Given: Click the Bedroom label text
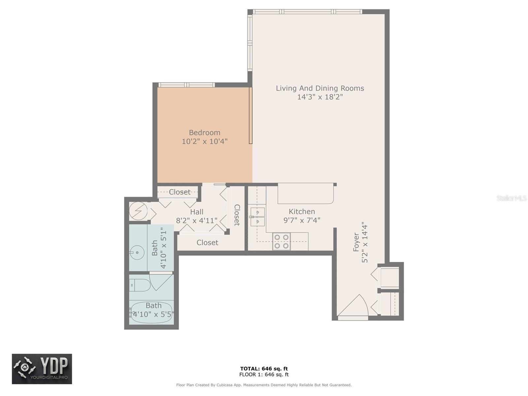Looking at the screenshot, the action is tap(205, 132).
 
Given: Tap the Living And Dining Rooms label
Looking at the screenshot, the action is tap(320, 88).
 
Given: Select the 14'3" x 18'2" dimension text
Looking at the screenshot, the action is tap(320, 97).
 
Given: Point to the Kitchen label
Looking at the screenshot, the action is tap(302, 211).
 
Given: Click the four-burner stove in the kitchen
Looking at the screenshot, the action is tap(281, 242).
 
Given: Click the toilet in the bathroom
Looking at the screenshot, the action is tap(140, 285).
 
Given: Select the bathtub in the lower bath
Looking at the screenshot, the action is tap(151, 313).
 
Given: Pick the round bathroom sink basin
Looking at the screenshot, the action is tap(137, 252).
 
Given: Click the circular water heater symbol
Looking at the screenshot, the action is tap(138, 211).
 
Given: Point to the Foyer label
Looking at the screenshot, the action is tap(356, 242).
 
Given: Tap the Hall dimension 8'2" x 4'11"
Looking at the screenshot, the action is tap(197, 220).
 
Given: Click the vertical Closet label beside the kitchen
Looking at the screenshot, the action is tap(237, 215).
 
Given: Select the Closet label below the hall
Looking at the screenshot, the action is tap(207, 242).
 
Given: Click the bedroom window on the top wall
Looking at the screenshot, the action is tap(186, 85).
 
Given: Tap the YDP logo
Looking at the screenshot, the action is tap(42, 369).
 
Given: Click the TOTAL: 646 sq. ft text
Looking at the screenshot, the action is tap(264, 369).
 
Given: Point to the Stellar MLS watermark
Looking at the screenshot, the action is tap(511, 198).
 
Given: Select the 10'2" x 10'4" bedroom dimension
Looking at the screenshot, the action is tap(205, 141).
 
